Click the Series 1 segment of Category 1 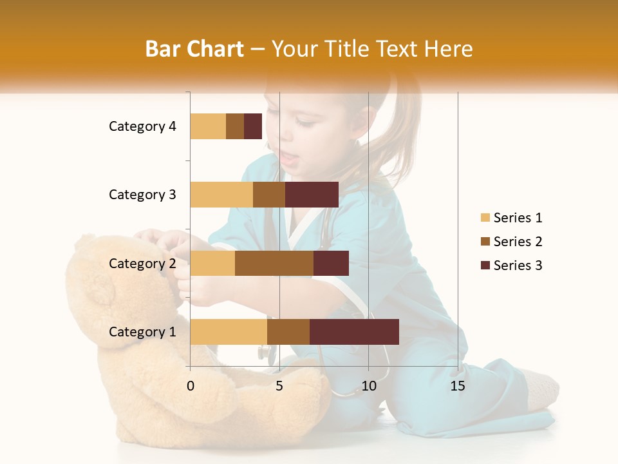[229, 332]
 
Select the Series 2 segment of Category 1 [288, 332]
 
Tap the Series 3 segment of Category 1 [354, 332]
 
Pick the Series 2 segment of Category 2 [274, 263]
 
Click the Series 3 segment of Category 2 [331, 263]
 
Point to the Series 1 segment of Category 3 [221, 195]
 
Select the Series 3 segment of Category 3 [312, 195]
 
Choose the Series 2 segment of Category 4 [235, 126]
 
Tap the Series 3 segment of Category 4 [253, 126]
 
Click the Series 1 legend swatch [485, 218]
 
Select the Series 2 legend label [518, 242]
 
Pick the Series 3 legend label [518, 266]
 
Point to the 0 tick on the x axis [191, 386]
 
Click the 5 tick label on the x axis [279, 386]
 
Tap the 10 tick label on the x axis [368, 386]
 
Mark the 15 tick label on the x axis [458, 386]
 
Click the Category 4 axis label [142, 126]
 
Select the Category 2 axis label [142, 263]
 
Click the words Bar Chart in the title [194, 49]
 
